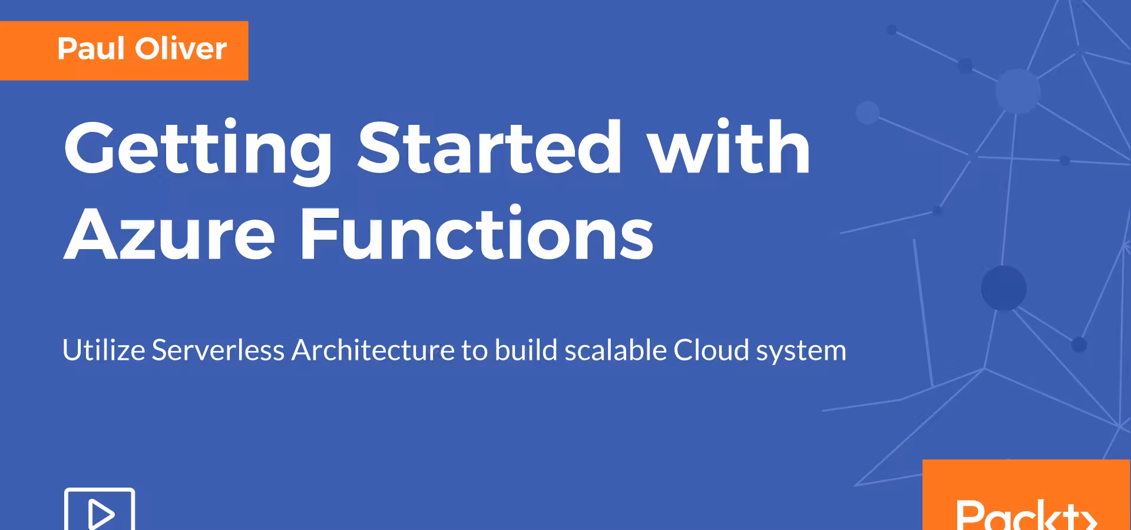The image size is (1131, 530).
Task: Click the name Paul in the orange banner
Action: pyautogui.click(x=91, y=48)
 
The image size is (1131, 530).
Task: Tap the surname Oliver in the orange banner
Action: pyautogui.click(x=181, y=48)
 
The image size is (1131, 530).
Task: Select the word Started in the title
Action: pyautogui.click(x=490, y=147)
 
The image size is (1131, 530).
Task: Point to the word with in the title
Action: pyautogui.click(x=729, y=147)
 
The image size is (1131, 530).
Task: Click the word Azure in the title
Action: pyautogui.click(x=170, y=233)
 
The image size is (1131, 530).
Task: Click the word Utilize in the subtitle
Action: pyautogui.click(x=104, y=350)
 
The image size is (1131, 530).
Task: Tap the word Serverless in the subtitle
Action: pyautogui.click(x=219, y=350)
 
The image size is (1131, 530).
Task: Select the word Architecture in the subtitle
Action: pyautogui.click(x=373, y=350)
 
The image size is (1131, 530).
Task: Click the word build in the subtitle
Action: pyautogui.click(x=526, y=350)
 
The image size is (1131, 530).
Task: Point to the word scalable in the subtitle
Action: pyautogui.click(x=616, y=350)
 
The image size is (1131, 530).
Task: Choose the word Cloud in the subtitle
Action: pyautogui.click(x=712, y=350)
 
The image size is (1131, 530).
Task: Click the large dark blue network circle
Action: pyautogui.click(x=1004, y=288)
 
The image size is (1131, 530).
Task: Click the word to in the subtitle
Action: pyautogui.click(x=475, y=351)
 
